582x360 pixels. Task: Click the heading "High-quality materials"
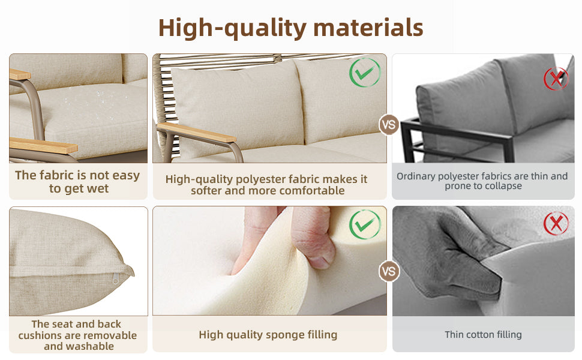coord(290,28)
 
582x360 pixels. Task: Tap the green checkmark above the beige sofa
coord(364,73)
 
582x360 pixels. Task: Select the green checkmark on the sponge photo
coord(364,224)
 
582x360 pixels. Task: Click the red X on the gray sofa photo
coord(556,79)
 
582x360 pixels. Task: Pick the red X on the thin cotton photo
coord(556,223)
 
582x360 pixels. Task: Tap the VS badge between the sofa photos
coord(389,125)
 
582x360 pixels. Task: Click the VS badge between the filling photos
coord(389,271)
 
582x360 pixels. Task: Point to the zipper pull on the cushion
coord(115,279)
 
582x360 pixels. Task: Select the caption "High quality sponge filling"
coord(268,335)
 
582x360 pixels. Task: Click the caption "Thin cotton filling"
coord(483,335)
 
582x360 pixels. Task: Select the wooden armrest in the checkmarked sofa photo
coord(196,133)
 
